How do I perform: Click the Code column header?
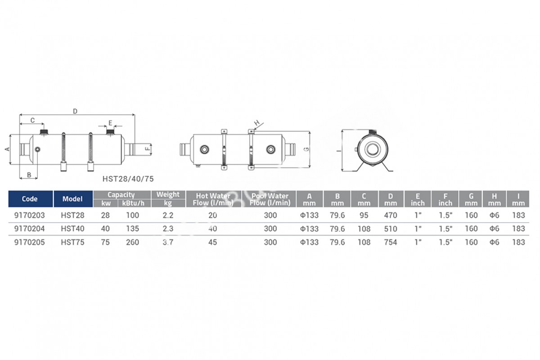pos(30,199)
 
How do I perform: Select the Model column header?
pos(72,199)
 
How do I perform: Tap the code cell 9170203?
pos(30,215)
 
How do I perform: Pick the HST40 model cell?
pos(72,229)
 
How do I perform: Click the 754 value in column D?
pos(391,242)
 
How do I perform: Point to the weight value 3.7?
pos(168,242)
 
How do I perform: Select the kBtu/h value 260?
pos(133,242)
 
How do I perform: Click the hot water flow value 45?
pos(212,242)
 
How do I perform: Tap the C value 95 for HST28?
pos(364,215)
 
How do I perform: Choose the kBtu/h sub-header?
pos(133,203)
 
